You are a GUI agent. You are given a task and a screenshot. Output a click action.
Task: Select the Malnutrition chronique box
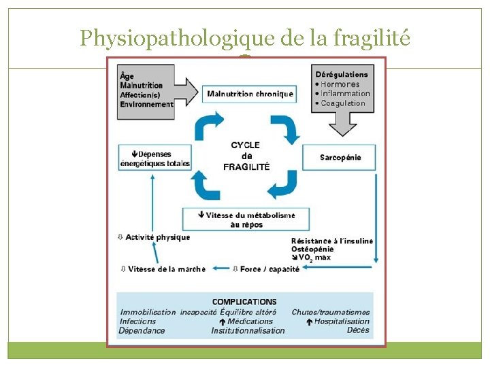(250, 94)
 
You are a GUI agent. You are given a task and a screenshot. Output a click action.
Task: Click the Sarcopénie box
(340, 158)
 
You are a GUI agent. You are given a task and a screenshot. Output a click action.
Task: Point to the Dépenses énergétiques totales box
(154, 158)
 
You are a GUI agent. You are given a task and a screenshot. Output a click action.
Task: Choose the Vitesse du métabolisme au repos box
(246, 220)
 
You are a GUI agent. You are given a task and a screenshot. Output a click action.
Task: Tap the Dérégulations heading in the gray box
(342, 74)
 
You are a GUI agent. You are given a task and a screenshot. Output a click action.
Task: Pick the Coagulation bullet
(343, 103)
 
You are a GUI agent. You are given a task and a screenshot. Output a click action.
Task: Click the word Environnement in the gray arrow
(146, 105)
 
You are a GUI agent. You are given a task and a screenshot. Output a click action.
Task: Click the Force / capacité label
(269, 269)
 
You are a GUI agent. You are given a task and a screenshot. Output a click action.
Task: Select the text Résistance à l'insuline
(332, 241)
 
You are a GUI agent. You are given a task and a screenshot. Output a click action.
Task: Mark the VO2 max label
(316, 258)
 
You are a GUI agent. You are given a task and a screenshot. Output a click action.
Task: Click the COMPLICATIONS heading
(244, 302)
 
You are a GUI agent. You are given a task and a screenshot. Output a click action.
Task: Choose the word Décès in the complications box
(358, 330)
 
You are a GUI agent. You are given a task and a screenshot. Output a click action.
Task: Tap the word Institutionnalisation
(248, 330)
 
